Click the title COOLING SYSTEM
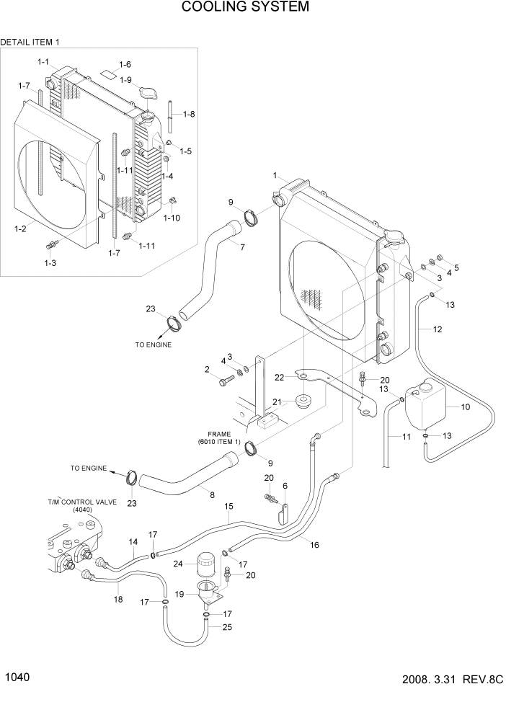[x=245, y=8]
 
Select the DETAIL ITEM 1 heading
[x=30, y=43]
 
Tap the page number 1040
[x=17, y=678]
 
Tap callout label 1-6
[x=125, y=65]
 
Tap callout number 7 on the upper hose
[x=242, y=247]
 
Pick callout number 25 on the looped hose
[x=226, y=628]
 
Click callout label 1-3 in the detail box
[x=50, y=264]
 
